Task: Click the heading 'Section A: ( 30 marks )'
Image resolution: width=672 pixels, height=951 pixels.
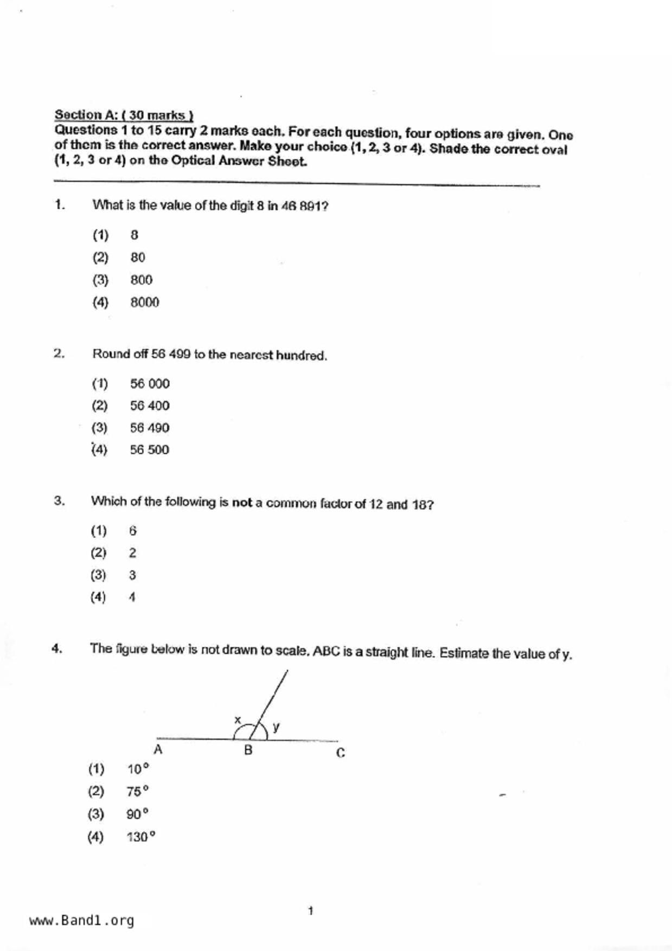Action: pos(124,115)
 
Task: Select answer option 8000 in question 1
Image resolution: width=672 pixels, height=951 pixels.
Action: pos(144,303)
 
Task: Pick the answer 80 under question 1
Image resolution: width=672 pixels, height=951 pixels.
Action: pos(138,258)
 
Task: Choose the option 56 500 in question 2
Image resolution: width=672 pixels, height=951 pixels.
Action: pos(149,449)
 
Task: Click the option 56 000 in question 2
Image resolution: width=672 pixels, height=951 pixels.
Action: pos(150,384)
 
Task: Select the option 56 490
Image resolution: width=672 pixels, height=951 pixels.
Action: pos(149,428)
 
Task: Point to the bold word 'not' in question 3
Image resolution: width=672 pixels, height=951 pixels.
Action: pos(242,503)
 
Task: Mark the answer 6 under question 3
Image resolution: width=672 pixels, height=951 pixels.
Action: pos(133,531)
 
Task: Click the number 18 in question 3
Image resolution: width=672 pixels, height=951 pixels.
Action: pos(419,505)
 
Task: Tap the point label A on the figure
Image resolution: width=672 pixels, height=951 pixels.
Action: pos(158,750)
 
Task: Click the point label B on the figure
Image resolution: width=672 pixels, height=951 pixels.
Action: pos(248,750)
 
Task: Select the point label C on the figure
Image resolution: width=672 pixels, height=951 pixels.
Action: pos(340,753)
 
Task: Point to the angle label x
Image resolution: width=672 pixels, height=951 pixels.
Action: pos(237,720)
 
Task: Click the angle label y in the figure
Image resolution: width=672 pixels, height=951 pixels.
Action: pos(276,727)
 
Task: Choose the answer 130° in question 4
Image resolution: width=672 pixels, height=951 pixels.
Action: pos(140,837)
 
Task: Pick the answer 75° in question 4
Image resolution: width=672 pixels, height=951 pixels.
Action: pos(137,792)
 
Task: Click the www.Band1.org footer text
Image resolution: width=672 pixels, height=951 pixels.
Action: pos(81,921)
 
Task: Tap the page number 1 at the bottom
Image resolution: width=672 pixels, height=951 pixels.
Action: pos(310,911)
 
